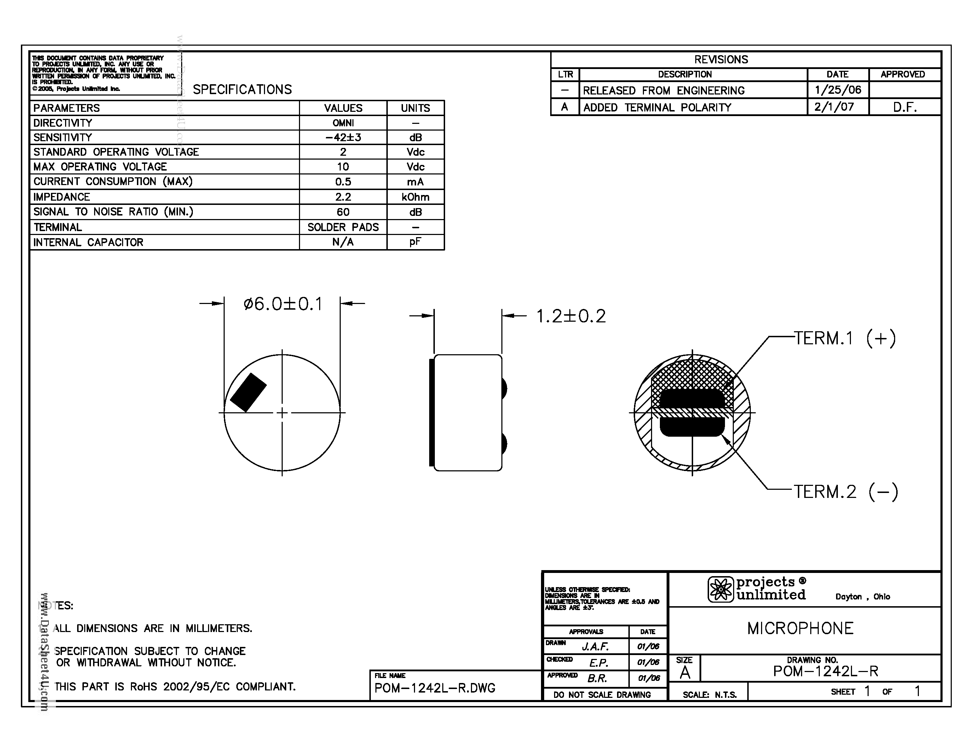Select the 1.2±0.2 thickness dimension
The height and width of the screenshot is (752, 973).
[x=571, y=316]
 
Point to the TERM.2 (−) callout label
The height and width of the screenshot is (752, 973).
[x=846, y=492]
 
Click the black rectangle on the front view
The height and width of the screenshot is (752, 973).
[x=248, y=392]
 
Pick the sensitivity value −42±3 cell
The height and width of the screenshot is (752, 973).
[x=343, y=137]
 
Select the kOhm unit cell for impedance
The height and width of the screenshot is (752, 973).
[x=415, y=197]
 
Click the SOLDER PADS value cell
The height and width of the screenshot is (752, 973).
[x=343, y=227]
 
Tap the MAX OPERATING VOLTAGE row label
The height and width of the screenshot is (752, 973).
[x=100, y=167]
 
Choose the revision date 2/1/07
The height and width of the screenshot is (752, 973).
[x=834, y=107]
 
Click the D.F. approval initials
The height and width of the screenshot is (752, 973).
[x=904, y=107]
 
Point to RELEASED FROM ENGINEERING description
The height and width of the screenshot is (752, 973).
[x=663, y=91]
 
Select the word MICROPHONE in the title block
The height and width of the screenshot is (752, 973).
[x=800, y=628]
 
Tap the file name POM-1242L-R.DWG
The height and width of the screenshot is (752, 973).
[x=434, y=688]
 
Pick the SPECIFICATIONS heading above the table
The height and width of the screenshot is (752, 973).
[x=242, y=90]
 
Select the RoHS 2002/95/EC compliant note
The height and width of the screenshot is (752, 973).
[x=175, y=687]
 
